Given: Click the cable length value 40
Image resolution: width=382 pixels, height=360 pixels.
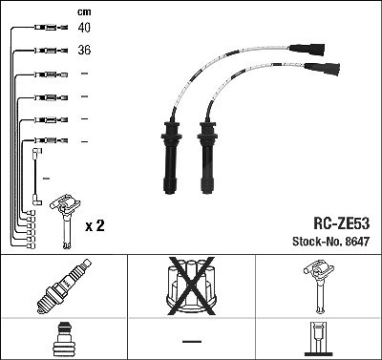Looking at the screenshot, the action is (84, 28).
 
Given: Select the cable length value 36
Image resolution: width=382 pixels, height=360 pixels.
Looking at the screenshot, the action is (84, 50).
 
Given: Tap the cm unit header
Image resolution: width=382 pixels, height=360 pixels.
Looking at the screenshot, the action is (84, 12).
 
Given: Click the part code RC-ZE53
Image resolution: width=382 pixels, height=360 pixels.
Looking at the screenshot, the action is (342, 223).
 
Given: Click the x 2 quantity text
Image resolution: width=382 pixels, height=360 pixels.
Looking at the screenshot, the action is (95, 225).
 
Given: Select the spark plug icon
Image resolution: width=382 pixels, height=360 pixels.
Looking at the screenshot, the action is (64, 286).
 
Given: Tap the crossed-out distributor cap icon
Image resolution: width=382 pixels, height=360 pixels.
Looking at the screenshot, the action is (191, 286).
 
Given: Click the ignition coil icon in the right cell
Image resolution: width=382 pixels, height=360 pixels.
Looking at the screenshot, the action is (319, 286).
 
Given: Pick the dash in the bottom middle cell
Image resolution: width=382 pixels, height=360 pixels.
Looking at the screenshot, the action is (192, 342).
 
